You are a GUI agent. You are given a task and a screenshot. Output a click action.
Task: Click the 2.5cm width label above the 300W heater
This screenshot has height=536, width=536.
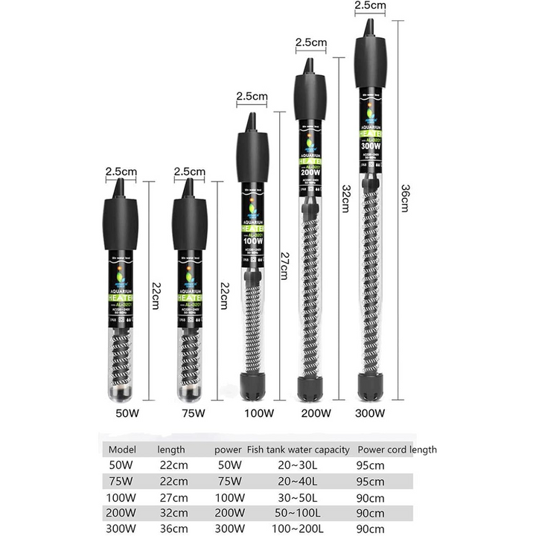pos(369,6)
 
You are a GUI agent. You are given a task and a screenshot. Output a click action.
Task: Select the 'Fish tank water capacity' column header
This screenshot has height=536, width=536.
pos(298,450)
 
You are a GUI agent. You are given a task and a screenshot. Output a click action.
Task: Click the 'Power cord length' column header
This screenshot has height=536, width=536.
pos(397,450)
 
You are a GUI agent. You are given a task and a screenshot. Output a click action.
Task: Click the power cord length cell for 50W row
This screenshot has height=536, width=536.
pos(371,465)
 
